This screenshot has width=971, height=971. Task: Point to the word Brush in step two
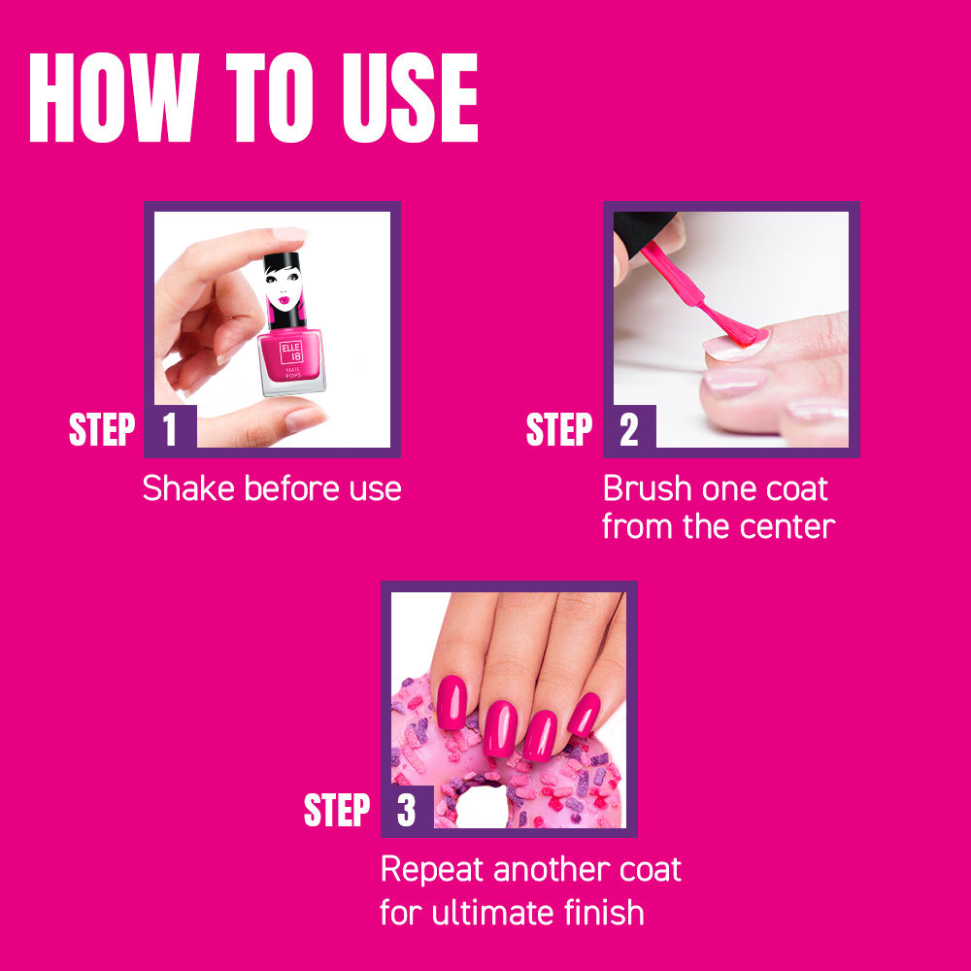tap(647, 488)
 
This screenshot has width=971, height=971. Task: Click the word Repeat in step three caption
tap(432, 870)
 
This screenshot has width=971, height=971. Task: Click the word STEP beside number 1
tap(101, 430)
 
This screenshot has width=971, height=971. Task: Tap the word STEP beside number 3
tap(337, 812)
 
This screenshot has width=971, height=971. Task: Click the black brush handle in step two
tap(641, 233)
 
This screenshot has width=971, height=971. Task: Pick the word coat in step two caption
tap(793, 488)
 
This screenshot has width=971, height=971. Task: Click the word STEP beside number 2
tap(559, 430)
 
